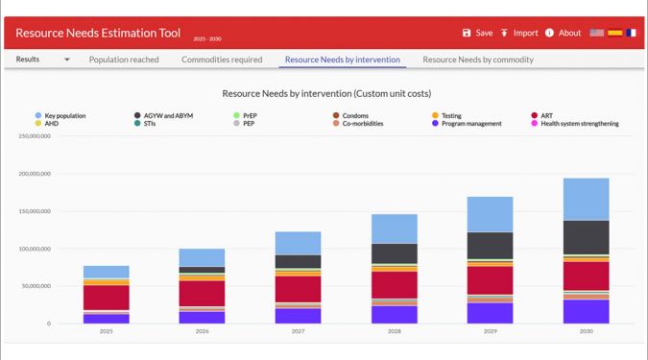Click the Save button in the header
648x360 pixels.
click(x=477, y=33)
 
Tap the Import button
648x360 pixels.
click(x=519, y=33)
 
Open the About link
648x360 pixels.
click(x=563, y=33)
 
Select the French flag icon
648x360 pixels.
click(x=631, y=33)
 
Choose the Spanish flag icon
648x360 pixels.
click(x=615, y=33)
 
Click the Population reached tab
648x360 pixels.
click(x=124, y=60)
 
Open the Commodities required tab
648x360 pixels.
click(x=222, y=60)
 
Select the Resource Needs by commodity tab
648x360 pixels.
click(x=478, y=60)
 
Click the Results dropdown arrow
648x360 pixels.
click(x=67, y=60)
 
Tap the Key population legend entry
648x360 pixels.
click(x=60, y=116)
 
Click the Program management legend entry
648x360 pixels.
click(x=467, y=124)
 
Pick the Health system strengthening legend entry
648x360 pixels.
click(x=575, y=124)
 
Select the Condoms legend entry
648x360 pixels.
click(x=350, y=116)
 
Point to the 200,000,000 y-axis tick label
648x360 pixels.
click(x=35, y=174)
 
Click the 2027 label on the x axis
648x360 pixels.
click(x=298, y=331)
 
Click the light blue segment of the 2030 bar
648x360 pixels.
click(x=586, y=200)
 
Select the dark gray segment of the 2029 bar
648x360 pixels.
click(x=491, y=246)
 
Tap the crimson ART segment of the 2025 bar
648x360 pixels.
click(x=107, y=298)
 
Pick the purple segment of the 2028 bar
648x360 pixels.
click(x=395, y=315)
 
